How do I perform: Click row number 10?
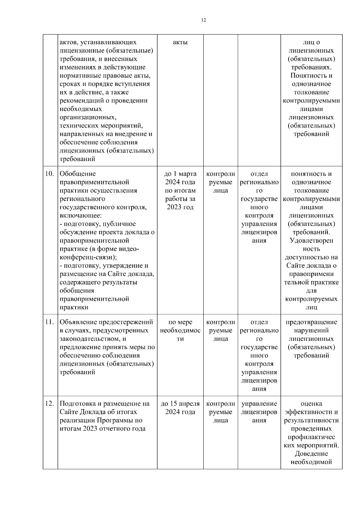(x=49, y=174)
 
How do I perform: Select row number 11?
(x=49, y=322)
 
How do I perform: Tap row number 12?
(x=49, y=404)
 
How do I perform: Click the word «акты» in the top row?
(x=180, y=43)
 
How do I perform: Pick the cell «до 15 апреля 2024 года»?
(x=180, y=408)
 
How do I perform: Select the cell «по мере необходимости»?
(x=180, y=331)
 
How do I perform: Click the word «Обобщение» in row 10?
(x=78, y=174)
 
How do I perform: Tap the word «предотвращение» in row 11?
(x=311, y=322)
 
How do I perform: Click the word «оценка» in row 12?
(x=311, y=404)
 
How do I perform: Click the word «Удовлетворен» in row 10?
(x=311, y=241)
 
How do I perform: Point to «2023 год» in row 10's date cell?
(x=180, y=207)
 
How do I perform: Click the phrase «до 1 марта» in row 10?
(x=180, y=174)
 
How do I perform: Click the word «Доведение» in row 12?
(x=311, y=454)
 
